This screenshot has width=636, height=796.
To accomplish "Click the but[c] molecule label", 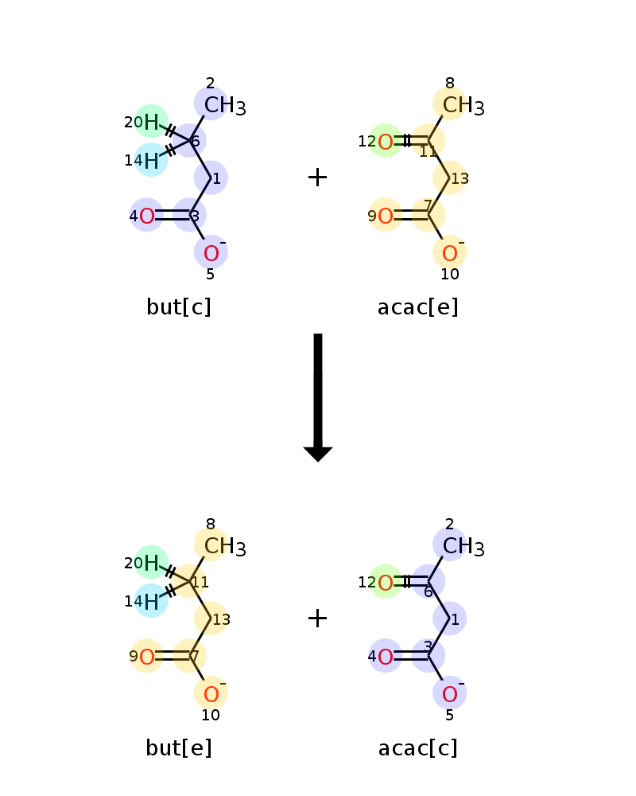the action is tap(179, 306).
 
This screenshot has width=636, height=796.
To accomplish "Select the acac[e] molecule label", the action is tap(418, 306).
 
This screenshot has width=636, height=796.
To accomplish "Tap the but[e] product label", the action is tap(179, 747).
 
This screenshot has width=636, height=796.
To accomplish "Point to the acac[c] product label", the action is tap(418, 747).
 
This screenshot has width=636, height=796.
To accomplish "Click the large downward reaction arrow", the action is tap(318, 397).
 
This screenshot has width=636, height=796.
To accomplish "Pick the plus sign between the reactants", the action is tap(317, 178).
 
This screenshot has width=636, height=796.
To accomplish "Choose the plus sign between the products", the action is tap(317, 618).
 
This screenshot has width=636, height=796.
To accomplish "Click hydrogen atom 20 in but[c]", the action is tap(151, 122).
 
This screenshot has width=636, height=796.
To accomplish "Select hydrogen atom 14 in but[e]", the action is tap(151, 602).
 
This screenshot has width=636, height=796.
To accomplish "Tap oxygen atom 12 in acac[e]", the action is tap(386, 142).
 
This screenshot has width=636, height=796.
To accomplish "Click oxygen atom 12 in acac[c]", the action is tap(386, 583).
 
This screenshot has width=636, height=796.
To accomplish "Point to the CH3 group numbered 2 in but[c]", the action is tap(225, 106).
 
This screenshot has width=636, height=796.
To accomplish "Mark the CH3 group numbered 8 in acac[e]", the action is tap(463, 106).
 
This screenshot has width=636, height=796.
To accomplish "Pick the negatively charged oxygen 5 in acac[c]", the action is tap(450, 694).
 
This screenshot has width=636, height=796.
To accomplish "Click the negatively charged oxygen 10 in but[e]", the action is tap(211, 694).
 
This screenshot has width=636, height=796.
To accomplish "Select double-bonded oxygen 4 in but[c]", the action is tap(147, 216).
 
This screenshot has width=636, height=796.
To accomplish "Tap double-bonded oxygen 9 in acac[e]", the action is tap(386, 216).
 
